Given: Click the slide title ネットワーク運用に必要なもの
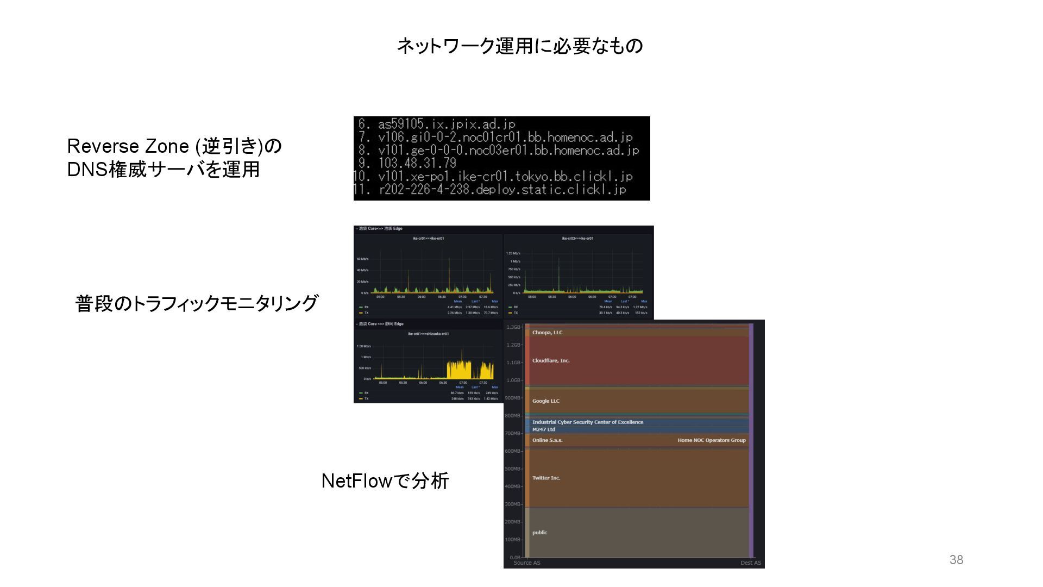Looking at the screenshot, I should tap(520, 46).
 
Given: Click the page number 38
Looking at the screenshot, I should tap(956, 560).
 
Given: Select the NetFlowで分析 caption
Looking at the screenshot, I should tap(385, 481).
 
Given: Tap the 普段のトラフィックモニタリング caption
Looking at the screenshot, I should tap(196, 303).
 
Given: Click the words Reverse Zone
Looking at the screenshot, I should tap(128, 146).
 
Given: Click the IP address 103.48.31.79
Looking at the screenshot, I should tap(417, 163).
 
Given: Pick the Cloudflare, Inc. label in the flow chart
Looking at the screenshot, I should tap(551, 360).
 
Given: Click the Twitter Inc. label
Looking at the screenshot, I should tap(546, 478).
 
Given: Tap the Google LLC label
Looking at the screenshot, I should tap(545, 401).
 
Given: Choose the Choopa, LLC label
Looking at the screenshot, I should tap(547, 333).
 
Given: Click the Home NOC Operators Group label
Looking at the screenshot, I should tap(711, 440).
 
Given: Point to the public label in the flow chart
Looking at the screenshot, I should tap(539, 533).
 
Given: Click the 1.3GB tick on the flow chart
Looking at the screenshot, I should tap(513, 327).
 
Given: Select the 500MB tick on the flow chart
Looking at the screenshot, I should tap(512, 469).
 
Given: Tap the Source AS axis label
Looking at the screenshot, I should tap(527, 563).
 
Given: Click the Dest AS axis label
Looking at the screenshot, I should tap(750, 563).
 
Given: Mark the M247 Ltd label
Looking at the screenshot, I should tap(543, 429).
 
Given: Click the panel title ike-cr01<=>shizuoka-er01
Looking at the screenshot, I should tap(428, 334).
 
